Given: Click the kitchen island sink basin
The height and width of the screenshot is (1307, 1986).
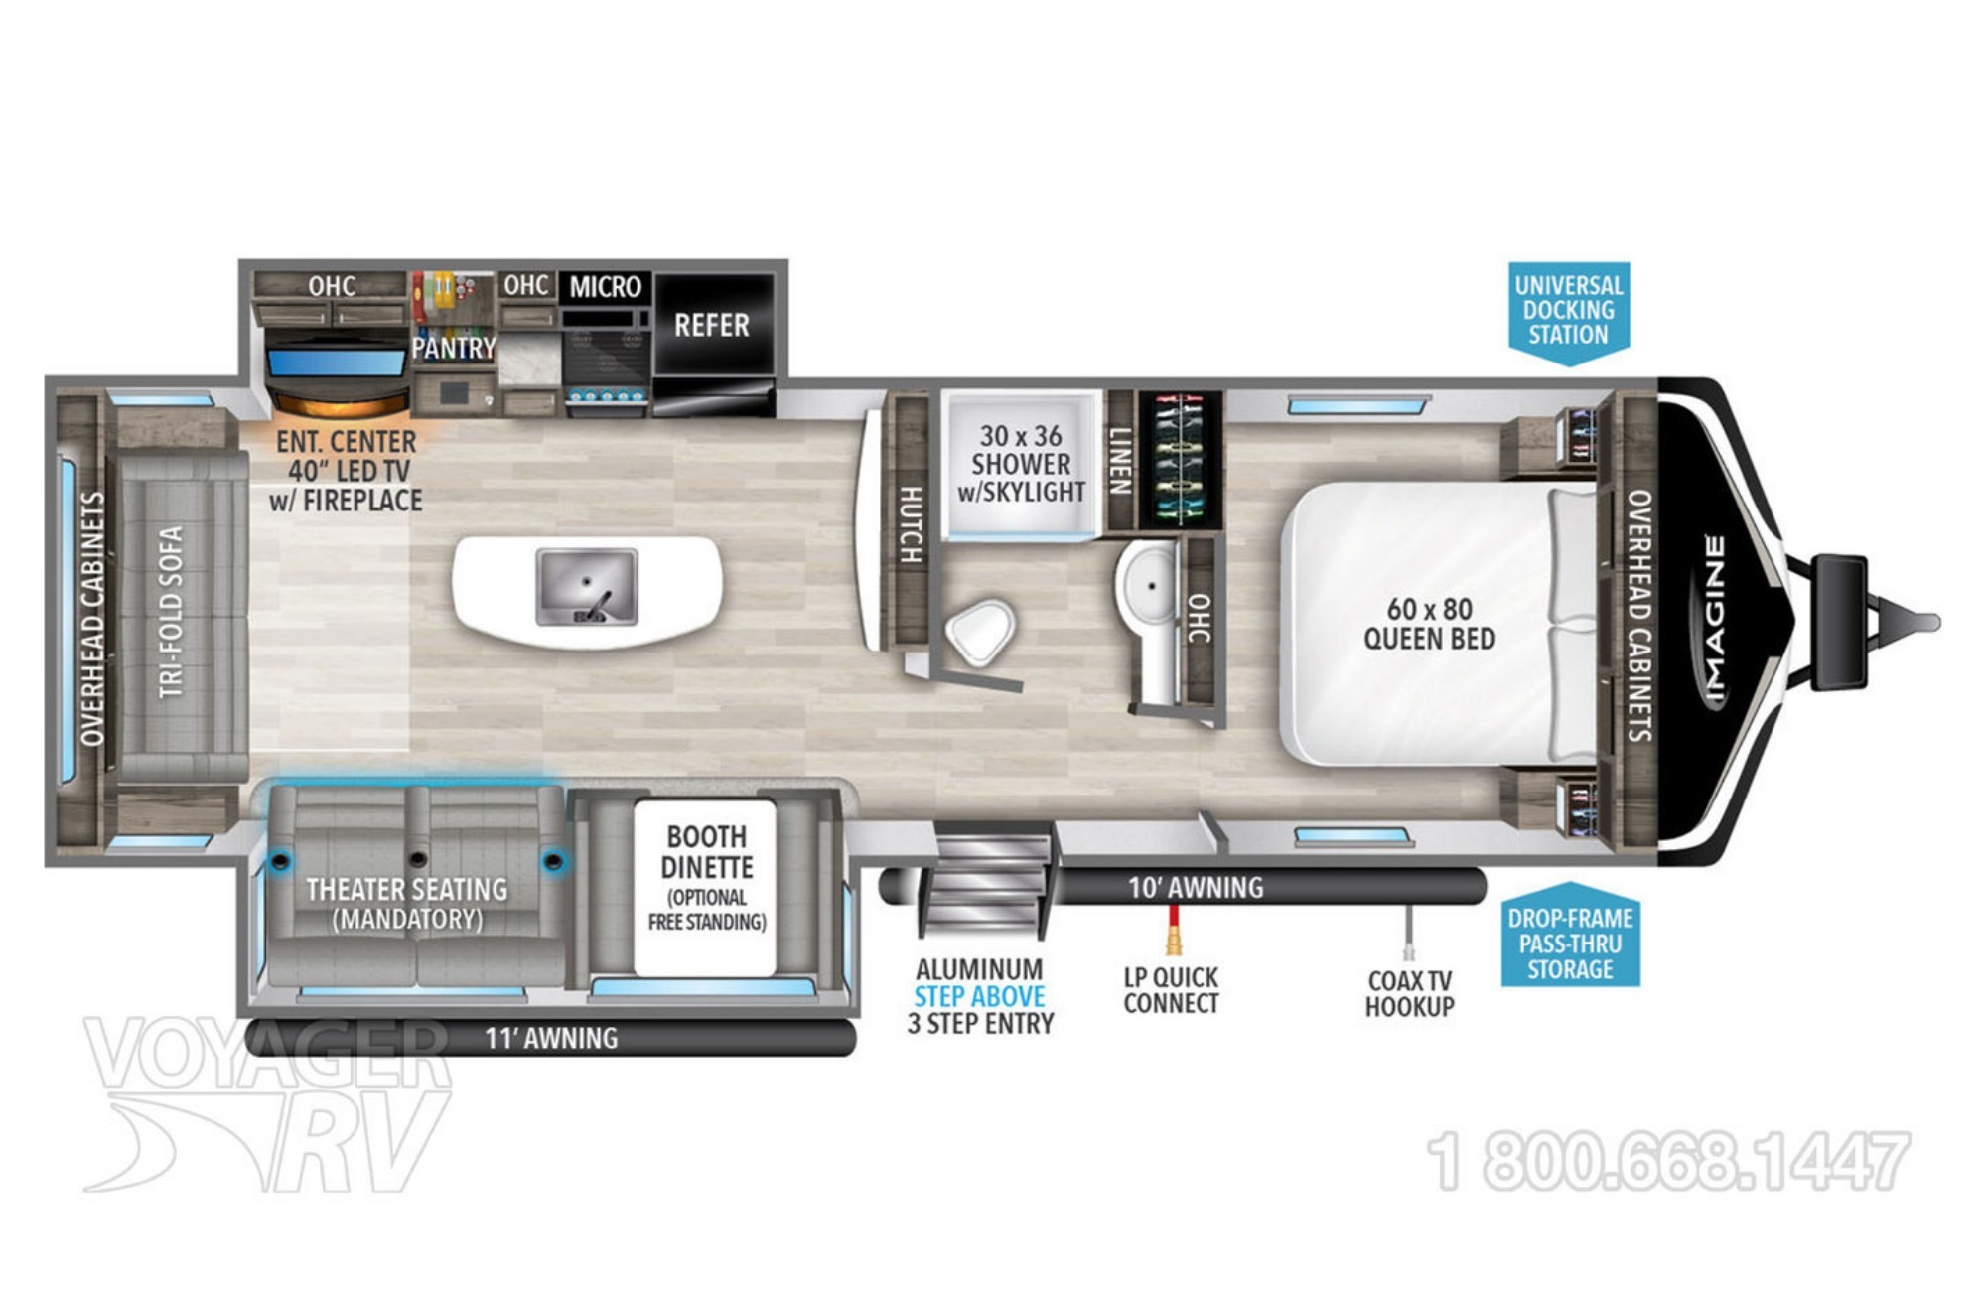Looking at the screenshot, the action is (587, 587).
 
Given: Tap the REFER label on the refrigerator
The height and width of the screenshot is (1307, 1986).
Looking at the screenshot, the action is (711, 325).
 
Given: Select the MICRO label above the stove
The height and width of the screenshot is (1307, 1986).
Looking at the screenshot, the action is (606, 287).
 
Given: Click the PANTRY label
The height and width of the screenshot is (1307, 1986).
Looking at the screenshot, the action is (454, 348).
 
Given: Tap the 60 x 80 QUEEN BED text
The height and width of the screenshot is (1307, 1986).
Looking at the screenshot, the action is (1429, 624).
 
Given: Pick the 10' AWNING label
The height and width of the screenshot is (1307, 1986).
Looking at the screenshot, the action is (1196, 887).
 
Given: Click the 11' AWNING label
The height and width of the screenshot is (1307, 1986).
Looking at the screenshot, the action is (551, 1038).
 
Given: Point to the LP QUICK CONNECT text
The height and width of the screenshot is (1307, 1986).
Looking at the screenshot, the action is (1171, 990).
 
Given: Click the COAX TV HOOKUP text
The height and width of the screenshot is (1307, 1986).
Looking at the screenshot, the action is (1409, 993).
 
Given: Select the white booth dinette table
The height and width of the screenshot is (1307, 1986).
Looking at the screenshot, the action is (705, 887).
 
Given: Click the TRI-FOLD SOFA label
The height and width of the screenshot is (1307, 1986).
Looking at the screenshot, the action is (171, 611).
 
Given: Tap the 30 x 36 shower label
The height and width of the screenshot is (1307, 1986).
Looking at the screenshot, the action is (1021, 464).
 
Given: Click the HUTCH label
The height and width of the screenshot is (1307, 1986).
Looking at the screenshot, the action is (911, 524).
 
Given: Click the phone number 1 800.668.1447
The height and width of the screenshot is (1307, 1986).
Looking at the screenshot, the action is (1668, 1161).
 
